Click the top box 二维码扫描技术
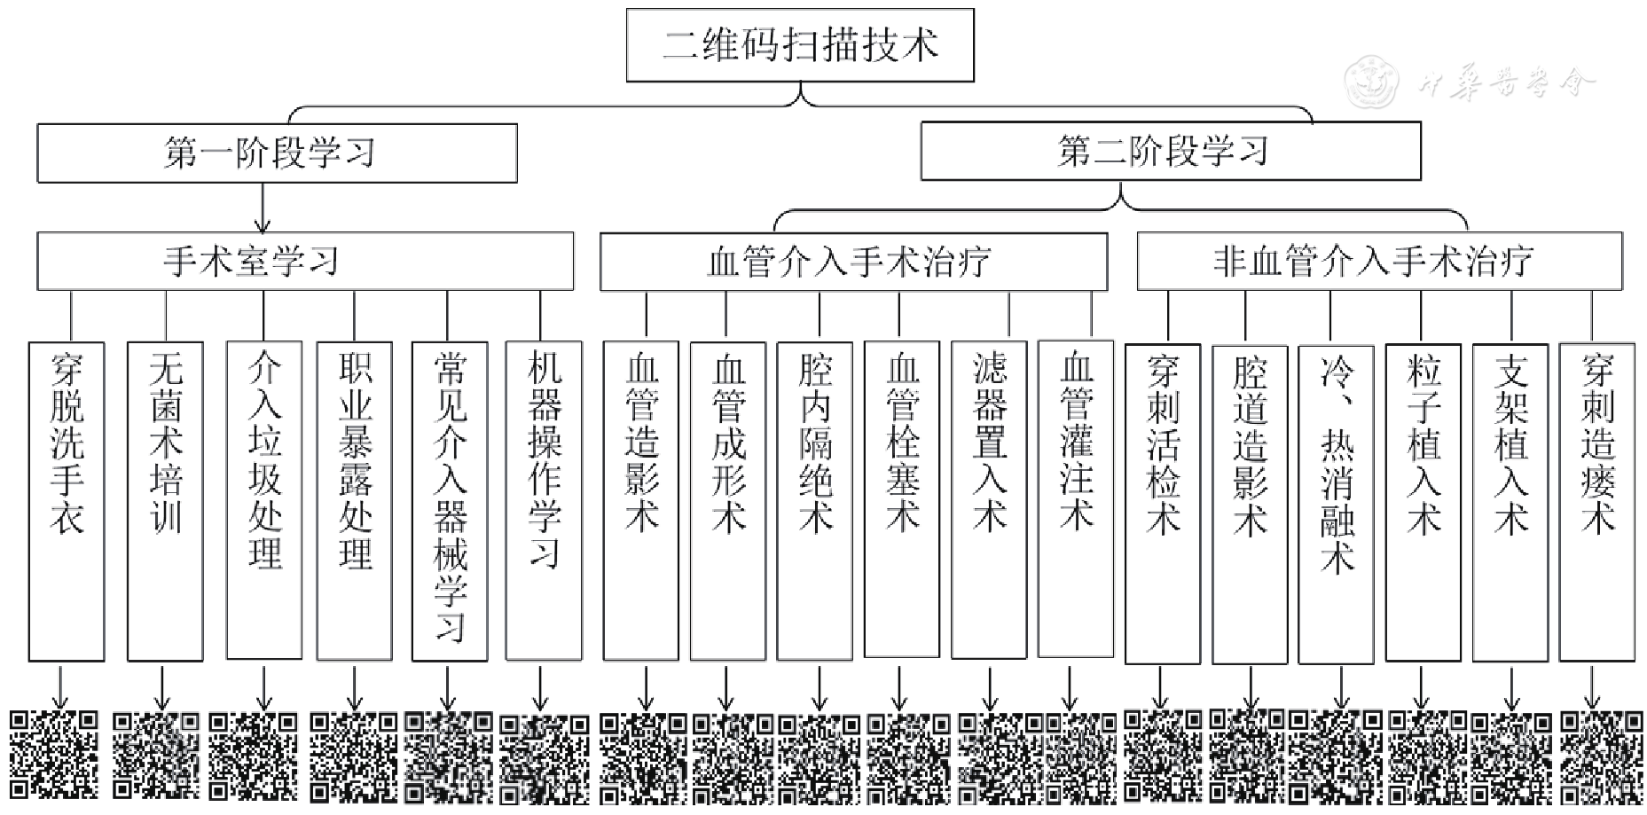pos(799,45)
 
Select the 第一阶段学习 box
pos(277,153)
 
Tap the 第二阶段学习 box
pos(1170,151)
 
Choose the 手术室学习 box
pos(304,261)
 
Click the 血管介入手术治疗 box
pos(853,262)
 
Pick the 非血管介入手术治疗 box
pos(1379,261)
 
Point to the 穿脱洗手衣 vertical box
pos(67,501)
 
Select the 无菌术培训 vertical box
pos(165,501)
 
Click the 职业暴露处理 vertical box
pos(354,501)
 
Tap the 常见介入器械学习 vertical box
pos(450,501)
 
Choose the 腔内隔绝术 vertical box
pos(814,501)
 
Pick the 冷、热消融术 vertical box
pos(1336,504)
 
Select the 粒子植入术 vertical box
pos(1423,502)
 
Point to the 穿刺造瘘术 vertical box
pos(1596,502)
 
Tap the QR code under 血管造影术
pos(643,756)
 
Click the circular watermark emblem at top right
pos(1371,82)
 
